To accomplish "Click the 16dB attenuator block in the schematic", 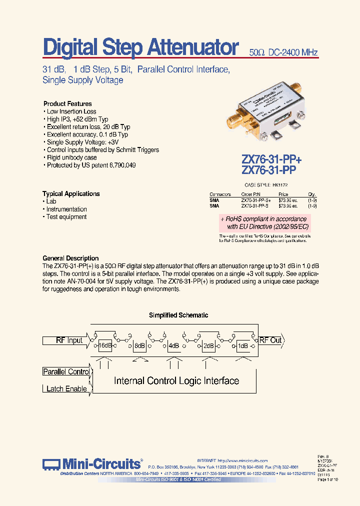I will click(105, 345).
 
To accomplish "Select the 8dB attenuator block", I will click(139, 345).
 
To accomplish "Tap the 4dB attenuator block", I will click(174, 345).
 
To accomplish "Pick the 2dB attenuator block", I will click(208, 345).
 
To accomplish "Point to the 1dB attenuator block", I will click(242, 345).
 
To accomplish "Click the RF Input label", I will click(69, 340).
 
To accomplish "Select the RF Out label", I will click(270, 340).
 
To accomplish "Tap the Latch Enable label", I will click(66, 388).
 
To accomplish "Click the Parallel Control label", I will click(66, 371).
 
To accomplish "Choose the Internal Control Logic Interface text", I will click(176, 381).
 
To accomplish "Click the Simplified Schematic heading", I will click(178, 315).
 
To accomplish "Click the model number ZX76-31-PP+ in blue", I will click(271, 159).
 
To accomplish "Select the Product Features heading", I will click(67, 103).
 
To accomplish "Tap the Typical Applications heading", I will click(71, 193).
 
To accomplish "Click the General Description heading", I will click(70, 258).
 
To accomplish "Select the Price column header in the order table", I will click(283, 194).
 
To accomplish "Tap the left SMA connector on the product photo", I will click(234, 120).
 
